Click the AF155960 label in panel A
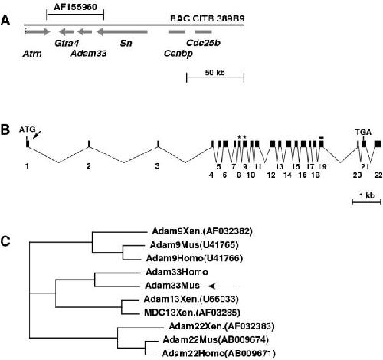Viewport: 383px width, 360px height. pyautogui.click(x=75, y=7)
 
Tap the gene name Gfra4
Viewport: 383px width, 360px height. pyautogui.click(x=67, y=44)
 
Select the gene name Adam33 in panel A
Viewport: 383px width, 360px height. pyautogui.click(x=89, y=54)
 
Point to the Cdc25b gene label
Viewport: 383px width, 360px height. pyautogui.click(x=203, y=43)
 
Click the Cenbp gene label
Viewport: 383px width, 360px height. pyautogui.click(x=178, y=54)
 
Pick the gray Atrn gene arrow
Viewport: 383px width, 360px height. pyautogui.click(x=38, y=32)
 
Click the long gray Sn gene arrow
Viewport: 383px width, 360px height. pyautogui.click(x=123, y=32)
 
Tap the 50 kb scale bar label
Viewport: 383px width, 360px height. pyautogui.click(x=215, y=73)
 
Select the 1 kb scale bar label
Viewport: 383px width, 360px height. pyautogui.click(x=367, y=195)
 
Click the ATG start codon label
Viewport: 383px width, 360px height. pyautogui.click(x=27, y=129)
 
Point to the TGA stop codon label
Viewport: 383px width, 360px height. pyautogui.click(x=363, y=132)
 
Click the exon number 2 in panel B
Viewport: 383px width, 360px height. pyautogui.click(x=89, y=166)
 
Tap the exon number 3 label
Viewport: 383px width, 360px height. pyautogui.click(x=158, y=166)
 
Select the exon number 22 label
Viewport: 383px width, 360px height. pyautogui.click(x=378, y=175)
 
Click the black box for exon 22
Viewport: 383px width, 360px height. pyautogui.click(x=378, y=144)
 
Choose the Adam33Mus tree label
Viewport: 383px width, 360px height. pyautogui.click(x=172, y=285)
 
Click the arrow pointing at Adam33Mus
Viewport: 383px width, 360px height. pyautogui.click(x=223, y=286)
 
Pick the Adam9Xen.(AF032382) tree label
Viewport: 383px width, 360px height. pyautogui.click(x=202, y=231)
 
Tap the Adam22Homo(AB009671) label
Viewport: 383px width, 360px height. pyautogui.click(x=219, y=354)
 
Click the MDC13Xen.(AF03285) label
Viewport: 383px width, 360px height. pyautogui.click(x=192, y=313)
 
